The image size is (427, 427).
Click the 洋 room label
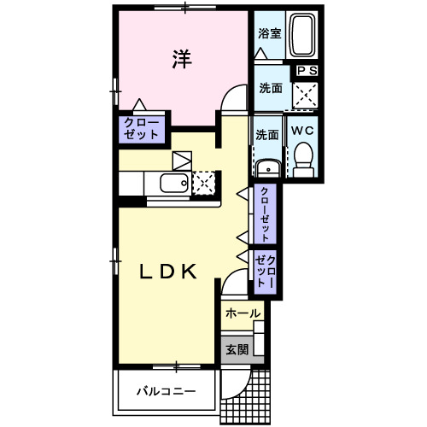[x=181, y=59]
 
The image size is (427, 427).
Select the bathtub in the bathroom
[x=303, y=37]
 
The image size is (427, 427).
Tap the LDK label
[x=168, y=272]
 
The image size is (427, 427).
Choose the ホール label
[x=242, y=314]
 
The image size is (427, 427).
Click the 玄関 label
[x=237, y=348]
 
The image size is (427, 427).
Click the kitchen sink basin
[x=174, y=184]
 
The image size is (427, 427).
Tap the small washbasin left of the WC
[x=267, y=167]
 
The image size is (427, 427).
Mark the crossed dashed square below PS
[x=305, y=93]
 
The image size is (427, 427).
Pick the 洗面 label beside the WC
[x=266, y=135]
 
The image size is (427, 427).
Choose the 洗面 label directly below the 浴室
[x=271, y=86]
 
